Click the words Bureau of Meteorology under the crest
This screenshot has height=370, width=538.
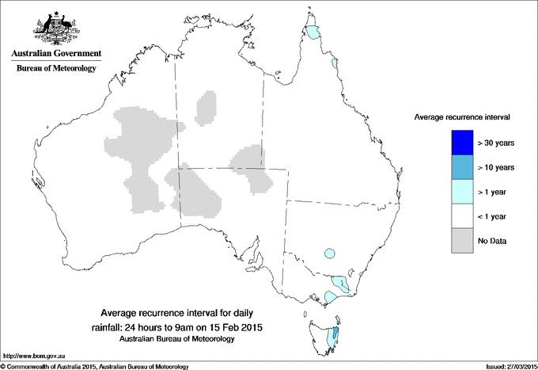[55, 69]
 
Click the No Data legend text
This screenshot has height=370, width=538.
[493, 240]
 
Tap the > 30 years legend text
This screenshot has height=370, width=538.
[497, 143]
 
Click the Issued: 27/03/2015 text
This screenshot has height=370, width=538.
[506, 366]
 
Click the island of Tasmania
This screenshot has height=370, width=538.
[327, 337]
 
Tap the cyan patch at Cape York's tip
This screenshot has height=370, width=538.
[316, 33]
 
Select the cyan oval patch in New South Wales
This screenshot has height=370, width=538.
[329, 254]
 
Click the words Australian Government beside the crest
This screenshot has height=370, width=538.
[55, 54]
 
